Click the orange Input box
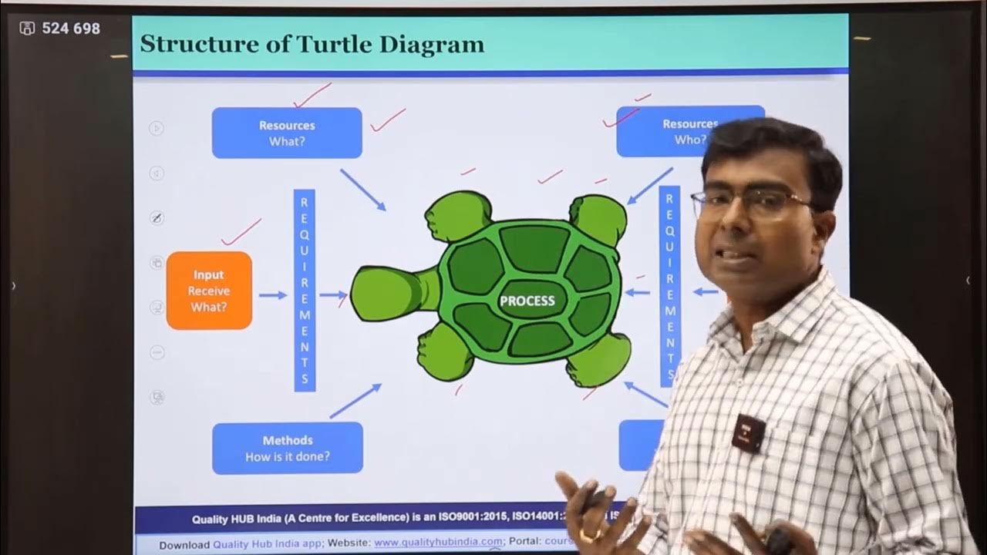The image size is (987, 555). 209,291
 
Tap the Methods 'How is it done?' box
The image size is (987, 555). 287,448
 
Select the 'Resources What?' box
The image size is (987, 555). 287,133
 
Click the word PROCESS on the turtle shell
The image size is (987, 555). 527,301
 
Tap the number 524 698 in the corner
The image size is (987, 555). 71,29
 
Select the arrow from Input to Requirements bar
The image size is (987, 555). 272,295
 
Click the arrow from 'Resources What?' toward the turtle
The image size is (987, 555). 362,190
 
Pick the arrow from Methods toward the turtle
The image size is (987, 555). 355,401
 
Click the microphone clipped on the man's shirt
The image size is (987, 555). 746,432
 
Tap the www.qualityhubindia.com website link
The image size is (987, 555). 437,542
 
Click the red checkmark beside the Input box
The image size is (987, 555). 241,231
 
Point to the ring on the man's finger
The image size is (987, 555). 591,534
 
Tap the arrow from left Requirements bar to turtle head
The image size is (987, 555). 333,294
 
